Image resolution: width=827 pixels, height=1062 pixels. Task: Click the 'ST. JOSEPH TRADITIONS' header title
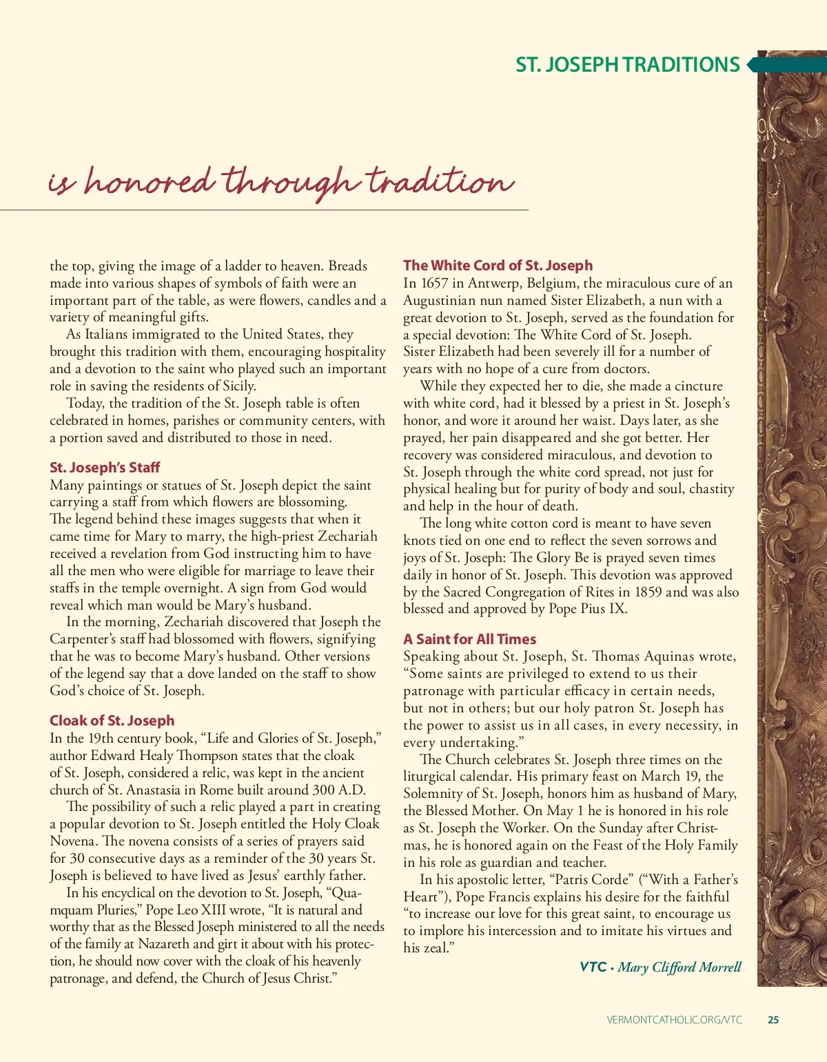627,65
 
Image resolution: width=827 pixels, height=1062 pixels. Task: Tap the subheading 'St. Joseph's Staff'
105,468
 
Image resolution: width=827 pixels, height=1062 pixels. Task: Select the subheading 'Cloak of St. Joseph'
112,721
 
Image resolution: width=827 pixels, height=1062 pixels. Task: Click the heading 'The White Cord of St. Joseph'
498,265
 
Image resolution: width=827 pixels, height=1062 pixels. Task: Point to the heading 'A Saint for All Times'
469,639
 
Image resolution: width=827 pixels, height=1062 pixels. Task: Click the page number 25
773,1020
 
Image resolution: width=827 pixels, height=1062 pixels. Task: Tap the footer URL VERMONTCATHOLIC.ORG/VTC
675,1020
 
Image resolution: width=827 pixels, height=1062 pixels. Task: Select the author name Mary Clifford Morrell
680,967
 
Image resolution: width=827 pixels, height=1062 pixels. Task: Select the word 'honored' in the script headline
148,182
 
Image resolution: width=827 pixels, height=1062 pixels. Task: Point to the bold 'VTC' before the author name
593,967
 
